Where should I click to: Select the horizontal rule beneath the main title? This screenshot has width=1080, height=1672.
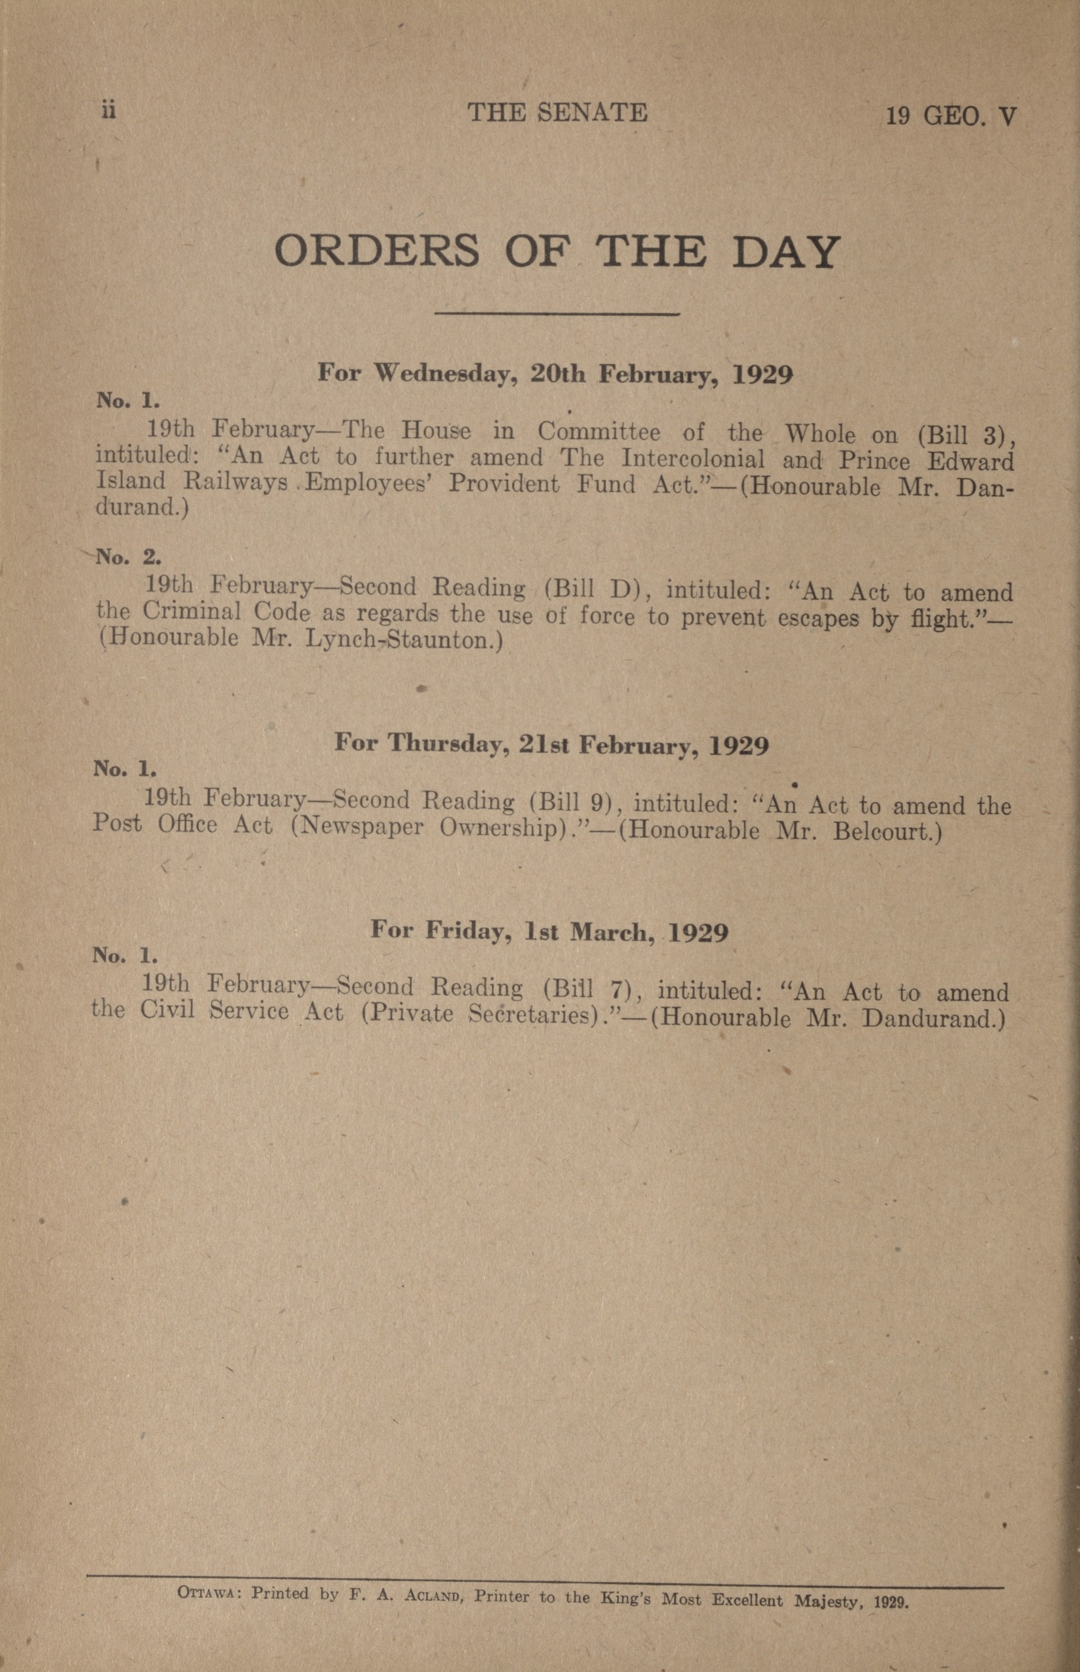557,313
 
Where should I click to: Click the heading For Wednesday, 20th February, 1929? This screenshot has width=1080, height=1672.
555,373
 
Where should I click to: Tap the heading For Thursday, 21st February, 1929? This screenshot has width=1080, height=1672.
551,743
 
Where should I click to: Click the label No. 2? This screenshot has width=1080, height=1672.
128,557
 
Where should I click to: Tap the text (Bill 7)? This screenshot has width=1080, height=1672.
585,990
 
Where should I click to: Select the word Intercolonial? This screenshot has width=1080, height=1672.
693,460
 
